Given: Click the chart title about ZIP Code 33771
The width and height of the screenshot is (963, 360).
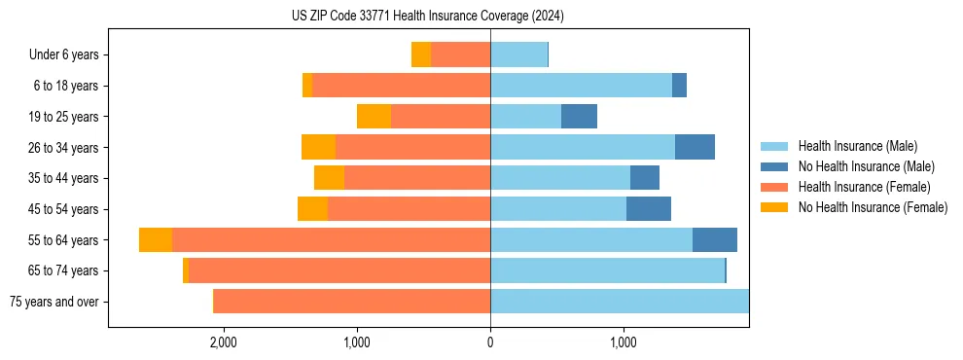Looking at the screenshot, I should [x=428, y=16].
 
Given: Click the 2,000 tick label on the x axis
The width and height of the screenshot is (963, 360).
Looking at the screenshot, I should [x=224, y=342].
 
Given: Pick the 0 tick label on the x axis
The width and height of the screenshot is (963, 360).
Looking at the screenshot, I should [x=490, y=342].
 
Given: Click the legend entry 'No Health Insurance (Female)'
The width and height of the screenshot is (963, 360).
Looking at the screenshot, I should [x=873, y=207].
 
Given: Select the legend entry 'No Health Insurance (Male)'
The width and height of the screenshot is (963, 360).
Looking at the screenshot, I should [x=866, y=166].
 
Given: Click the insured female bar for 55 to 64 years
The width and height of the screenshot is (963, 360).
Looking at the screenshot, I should [x=331, y=240].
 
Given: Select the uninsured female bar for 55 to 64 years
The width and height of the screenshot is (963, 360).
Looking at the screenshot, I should [x=156, y=240].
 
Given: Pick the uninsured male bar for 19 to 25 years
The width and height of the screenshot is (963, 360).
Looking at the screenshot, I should [x=579, y=117].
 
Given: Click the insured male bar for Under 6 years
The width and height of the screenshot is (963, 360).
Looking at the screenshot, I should [x=518, y=54].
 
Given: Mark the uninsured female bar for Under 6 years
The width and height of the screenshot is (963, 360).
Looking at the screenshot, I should [x=421, y=54].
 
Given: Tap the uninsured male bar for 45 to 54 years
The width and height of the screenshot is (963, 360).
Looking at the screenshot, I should [x=649, y=209].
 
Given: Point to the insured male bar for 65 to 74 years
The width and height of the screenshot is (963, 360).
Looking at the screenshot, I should [x=607, y=270].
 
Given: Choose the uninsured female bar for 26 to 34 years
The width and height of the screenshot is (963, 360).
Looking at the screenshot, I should [x=318, y=147].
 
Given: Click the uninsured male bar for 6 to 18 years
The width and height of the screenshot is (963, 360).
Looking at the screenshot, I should [x=679, y=86].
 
